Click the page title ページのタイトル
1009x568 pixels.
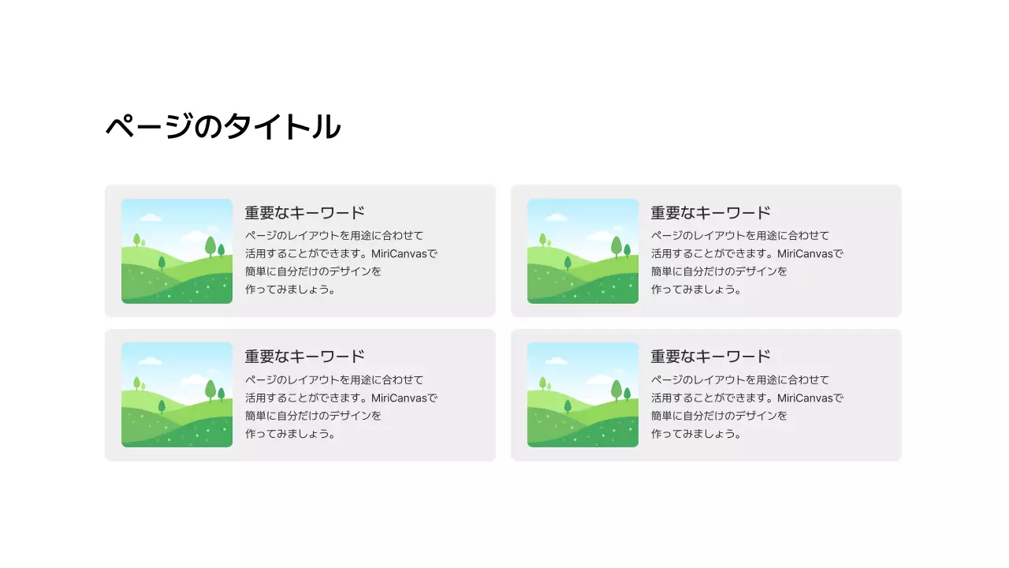tap(223, 127)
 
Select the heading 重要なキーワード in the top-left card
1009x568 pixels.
tap(304, 213)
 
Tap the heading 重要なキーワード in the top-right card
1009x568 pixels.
tap(710, 213)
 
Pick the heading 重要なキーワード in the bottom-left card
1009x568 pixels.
tap(304, 357)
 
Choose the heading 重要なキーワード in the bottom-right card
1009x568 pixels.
tap(710, 357)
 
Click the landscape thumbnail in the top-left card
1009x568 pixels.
tap(177, 251)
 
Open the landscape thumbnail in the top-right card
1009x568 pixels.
tap(583, 251)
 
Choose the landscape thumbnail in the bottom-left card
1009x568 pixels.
tap(177, 394)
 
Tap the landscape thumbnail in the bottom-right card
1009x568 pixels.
tap(583, 394)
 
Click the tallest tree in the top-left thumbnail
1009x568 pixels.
tap(210, 246)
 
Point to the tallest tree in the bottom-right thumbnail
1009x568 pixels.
tap(616, 390)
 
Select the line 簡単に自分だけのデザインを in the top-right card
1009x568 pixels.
tap(719, 271)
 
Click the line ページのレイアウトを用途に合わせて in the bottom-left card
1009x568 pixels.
tap(334, 379)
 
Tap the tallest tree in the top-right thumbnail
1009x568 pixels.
tap(616, 246)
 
